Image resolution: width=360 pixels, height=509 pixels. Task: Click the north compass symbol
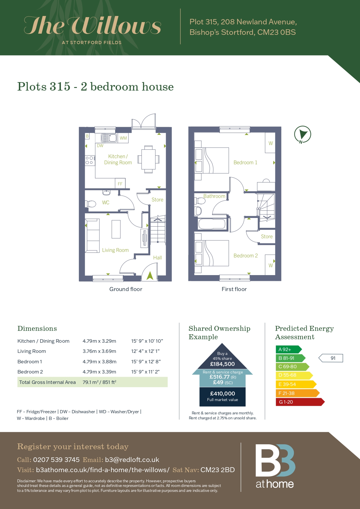(303, 134)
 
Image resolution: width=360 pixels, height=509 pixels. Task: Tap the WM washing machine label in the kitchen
(123, 138)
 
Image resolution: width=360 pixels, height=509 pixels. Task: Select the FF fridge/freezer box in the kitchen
(120, 183)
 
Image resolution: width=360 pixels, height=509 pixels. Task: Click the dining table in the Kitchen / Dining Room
(148, 159)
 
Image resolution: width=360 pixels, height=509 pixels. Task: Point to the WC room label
(106, 203)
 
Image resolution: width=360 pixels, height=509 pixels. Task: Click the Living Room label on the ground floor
(115, 250)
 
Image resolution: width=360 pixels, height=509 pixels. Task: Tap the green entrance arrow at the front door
(150, 275)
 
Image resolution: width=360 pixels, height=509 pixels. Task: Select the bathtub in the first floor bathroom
(212, 224)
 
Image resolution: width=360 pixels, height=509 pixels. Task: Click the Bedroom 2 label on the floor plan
(246, 256)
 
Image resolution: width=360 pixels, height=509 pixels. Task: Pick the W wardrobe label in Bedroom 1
(271, 143)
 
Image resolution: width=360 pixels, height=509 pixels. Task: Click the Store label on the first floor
(267, 237)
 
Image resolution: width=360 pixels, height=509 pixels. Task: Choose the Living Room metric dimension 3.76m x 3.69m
(100, 351)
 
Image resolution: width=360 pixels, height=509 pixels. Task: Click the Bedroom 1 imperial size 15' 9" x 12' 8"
(146, 362)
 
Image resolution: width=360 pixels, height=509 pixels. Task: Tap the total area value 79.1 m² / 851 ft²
(100, 382)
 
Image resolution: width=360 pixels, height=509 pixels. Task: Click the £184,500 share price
(222, 364)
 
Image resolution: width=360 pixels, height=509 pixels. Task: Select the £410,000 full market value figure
(222, 394)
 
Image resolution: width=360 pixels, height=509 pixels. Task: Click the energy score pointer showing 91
(331, 358)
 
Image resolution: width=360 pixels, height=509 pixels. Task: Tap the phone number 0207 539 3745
(56, 460)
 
